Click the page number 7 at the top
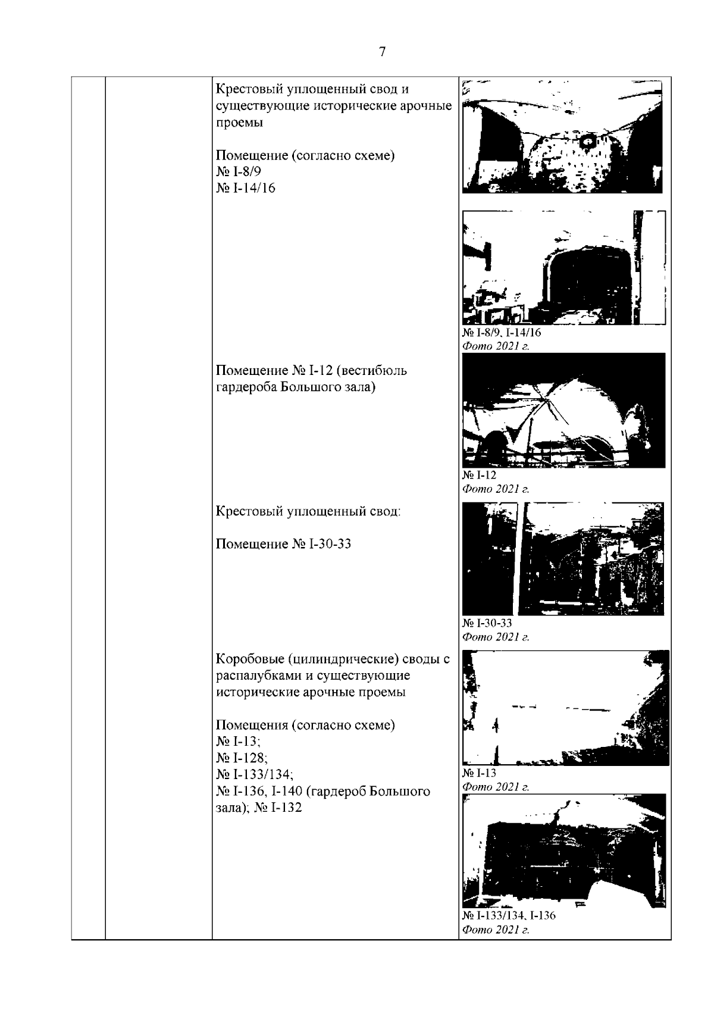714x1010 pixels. click(x=382, y=52)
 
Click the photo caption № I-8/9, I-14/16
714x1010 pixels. click(x=501, y=333)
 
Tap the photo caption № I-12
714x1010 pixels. click(x=479, y=475)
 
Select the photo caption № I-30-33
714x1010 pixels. click(x=487, y=623)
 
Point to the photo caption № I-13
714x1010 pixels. click(x=479, y=773)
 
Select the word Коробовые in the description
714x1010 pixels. click(x=249, y=659)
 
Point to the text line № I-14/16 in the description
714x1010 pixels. click(x=245, y=188)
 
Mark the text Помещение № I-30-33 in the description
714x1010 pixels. click(x=283, y=544)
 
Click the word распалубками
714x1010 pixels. click(x=261, y=676)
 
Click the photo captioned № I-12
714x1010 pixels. click(x=563, y=410)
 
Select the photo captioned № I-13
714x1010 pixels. click(x=566, y=708)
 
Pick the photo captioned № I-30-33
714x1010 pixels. click(x=563, y=559)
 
